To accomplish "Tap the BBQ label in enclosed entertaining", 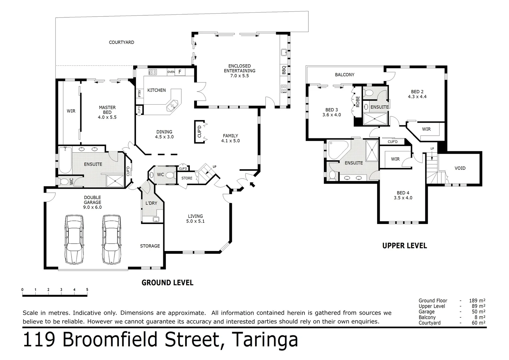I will point(284,70).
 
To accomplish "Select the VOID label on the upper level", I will point(460,168).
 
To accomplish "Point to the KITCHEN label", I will point(157,90).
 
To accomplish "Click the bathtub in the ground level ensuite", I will point(65,160).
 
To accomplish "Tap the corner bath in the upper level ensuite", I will point(337,150).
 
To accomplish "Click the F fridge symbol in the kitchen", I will point(180,72).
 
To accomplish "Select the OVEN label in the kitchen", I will point(171,72).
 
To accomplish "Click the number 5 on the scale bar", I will point(87,290).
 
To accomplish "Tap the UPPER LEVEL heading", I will point(404,246).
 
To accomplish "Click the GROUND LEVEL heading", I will point(168,283).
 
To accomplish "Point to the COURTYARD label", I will point(122,42).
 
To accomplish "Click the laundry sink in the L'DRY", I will point(156,219).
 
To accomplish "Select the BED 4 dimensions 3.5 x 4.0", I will point(403,198).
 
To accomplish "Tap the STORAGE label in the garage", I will point(150,246).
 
